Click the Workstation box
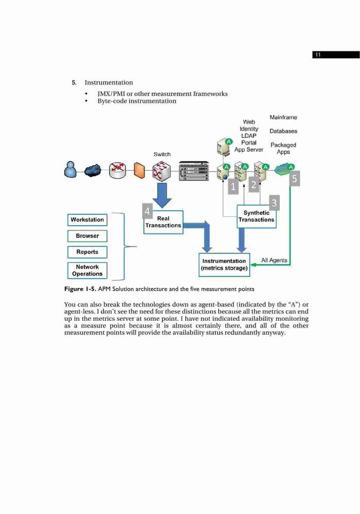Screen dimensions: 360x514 click(87, 219)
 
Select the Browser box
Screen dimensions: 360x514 click(87, 236)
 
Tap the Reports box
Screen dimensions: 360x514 click(87, 252)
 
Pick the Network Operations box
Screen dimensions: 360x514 click(87, 270)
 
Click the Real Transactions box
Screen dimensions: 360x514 click(163, 222)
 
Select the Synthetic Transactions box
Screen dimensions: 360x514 click(257, 216)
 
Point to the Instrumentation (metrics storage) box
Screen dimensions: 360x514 click(224, 265)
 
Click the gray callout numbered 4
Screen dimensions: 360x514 click(147, 211)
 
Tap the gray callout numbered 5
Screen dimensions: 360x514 click(294, 179)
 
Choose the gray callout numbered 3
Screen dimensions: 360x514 click(274, 203)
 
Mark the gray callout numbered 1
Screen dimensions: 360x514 click(233, 187)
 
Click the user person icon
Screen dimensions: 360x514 click(70, 170)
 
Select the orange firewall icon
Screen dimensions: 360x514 click(139, 171)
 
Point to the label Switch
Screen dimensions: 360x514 click(162, 154)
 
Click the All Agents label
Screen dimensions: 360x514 click(274, 260)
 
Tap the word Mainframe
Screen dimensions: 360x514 click(283, 117)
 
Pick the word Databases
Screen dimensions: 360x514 click(283, 131)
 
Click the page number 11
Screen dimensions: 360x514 click(318, 55)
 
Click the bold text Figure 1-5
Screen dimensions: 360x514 click(80, 289)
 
